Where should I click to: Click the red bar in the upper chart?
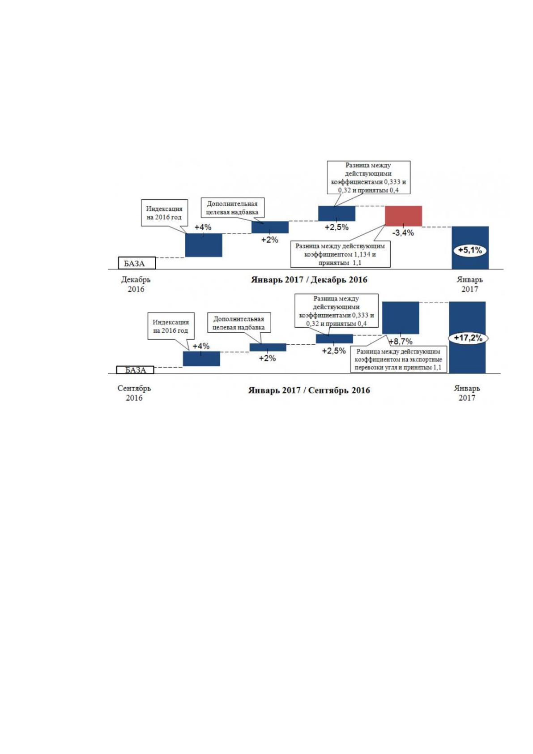tap(403, 216)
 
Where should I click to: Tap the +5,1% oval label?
tap(470, 250)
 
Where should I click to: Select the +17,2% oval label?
tap(468, 338)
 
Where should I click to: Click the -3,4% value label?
tap(403, 232)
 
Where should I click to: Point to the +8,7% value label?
tap(401, 341)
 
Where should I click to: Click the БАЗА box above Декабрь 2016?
tap(136, 263)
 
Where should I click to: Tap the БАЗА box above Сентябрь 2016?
tap(135, 370)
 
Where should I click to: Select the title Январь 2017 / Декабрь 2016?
tap(309, 280)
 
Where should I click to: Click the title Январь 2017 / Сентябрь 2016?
tap(309, 390)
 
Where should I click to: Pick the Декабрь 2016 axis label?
tap(136, 284)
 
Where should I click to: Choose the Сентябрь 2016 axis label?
tap(134, 393)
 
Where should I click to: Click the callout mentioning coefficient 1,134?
tap(340, 254)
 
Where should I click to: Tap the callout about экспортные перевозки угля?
tap(398, 359)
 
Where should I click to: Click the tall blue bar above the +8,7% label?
tap(401, 318)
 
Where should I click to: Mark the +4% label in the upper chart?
tap(203, 227)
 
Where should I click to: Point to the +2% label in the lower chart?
tap(267, 358)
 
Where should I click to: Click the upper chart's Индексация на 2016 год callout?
tap(164, 213)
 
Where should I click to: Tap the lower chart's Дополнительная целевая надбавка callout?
tap(239, 323)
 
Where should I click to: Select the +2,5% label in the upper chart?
tap(337, 227)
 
